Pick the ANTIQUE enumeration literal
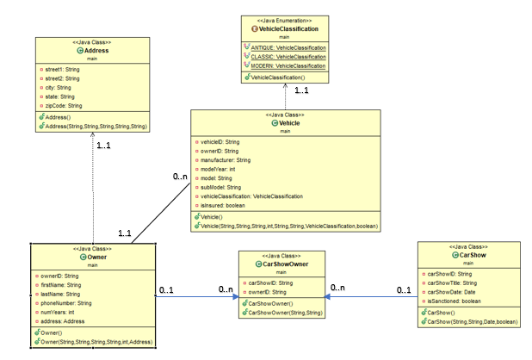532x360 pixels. (288, 47)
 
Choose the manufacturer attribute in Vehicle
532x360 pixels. (226, 160)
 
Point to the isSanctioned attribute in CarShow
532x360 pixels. (453, 301)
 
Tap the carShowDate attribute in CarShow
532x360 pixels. (453, 292)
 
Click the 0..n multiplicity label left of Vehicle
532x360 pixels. (181, 177)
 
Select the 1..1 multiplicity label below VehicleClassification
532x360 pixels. (300, 90)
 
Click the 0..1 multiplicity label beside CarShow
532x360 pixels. (403, 289)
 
